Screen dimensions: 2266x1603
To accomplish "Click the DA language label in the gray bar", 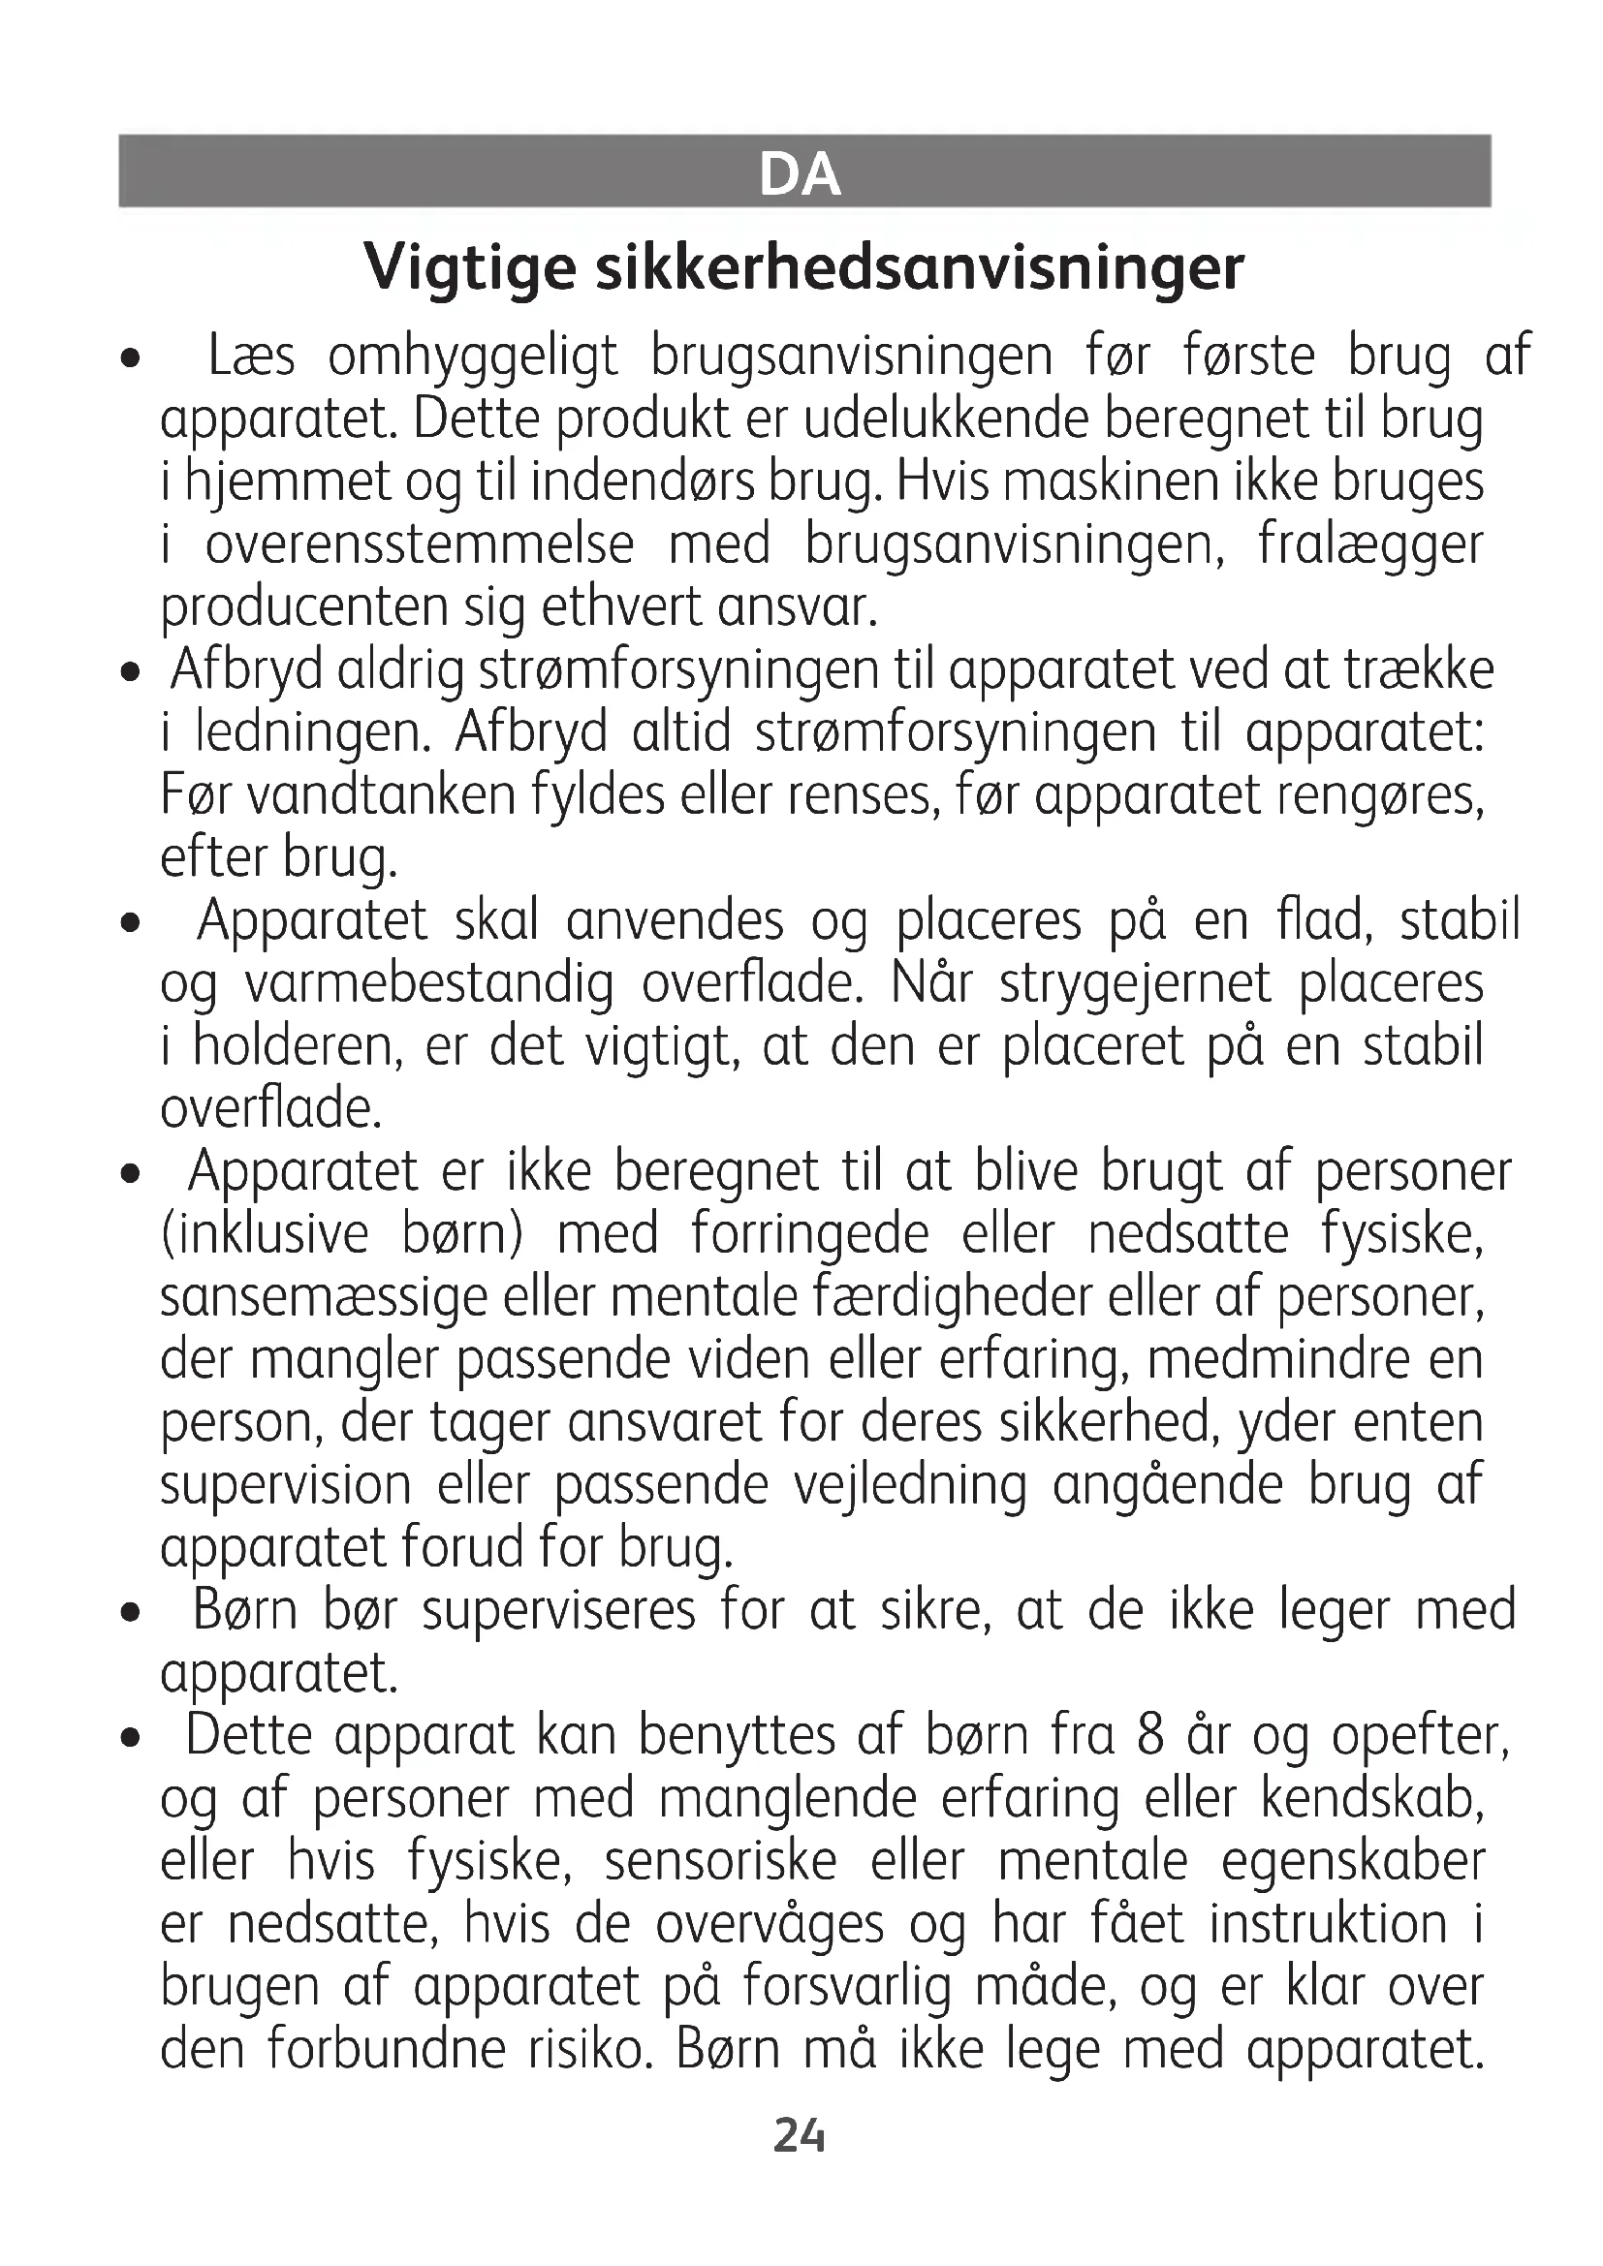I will tap(800, 174).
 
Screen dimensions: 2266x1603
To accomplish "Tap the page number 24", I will tap(800, 2136).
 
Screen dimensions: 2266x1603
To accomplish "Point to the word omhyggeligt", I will tap(472, 357).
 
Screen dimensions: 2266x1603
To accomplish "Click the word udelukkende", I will tap(946, 419).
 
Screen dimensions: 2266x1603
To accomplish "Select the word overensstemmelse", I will tap(419, 544).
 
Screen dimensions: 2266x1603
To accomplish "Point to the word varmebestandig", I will tap(427, 984).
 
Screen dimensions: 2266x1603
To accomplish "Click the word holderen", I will tap(298, 1047).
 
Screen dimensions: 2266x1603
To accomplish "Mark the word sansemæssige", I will tap(323, 1298).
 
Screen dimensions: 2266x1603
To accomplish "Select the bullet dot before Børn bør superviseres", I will tap(127, 1616).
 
